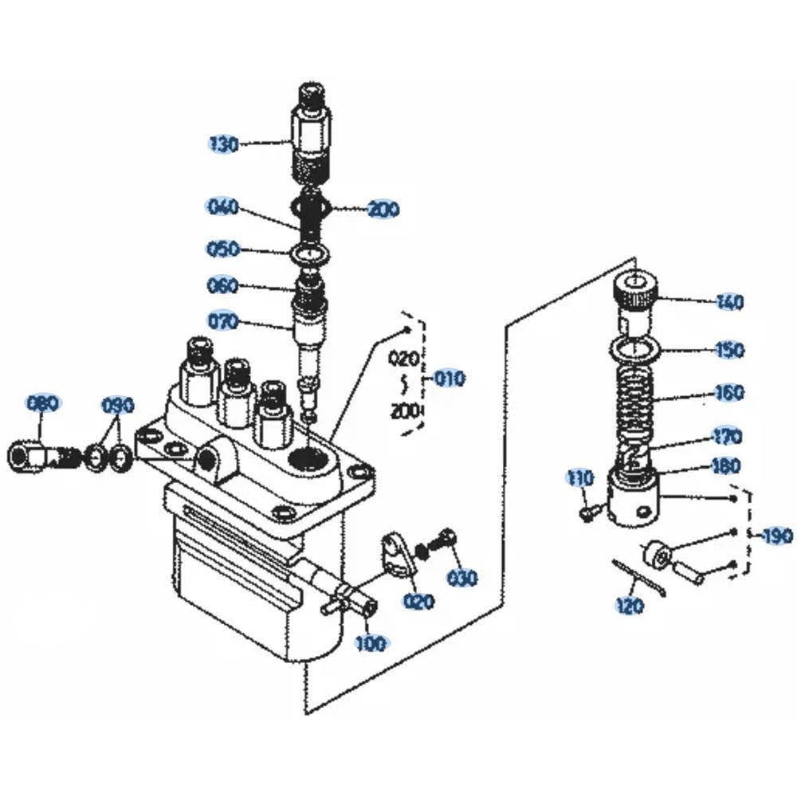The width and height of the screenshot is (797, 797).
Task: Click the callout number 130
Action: [224, 144]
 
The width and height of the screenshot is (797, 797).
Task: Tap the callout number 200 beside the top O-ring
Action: [383, 210]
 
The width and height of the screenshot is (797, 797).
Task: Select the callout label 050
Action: [223, 249]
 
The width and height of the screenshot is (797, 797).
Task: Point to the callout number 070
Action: [223, 322]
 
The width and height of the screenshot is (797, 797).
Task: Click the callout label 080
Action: [43, 403]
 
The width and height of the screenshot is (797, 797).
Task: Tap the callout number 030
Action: [461, 577]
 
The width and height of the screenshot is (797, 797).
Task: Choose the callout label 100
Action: [371, 642]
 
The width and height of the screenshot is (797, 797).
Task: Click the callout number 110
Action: [580, 478]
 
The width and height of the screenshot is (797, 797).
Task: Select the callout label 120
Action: [630, 607]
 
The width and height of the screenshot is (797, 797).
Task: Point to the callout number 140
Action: [729, 302]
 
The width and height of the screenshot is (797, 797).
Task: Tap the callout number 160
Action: [729, 393]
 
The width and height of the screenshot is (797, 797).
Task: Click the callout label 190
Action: [778, 535]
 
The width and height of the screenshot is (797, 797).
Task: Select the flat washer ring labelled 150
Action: [634, 348]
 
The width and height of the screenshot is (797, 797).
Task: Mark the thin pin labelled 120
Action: [640, 576]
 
